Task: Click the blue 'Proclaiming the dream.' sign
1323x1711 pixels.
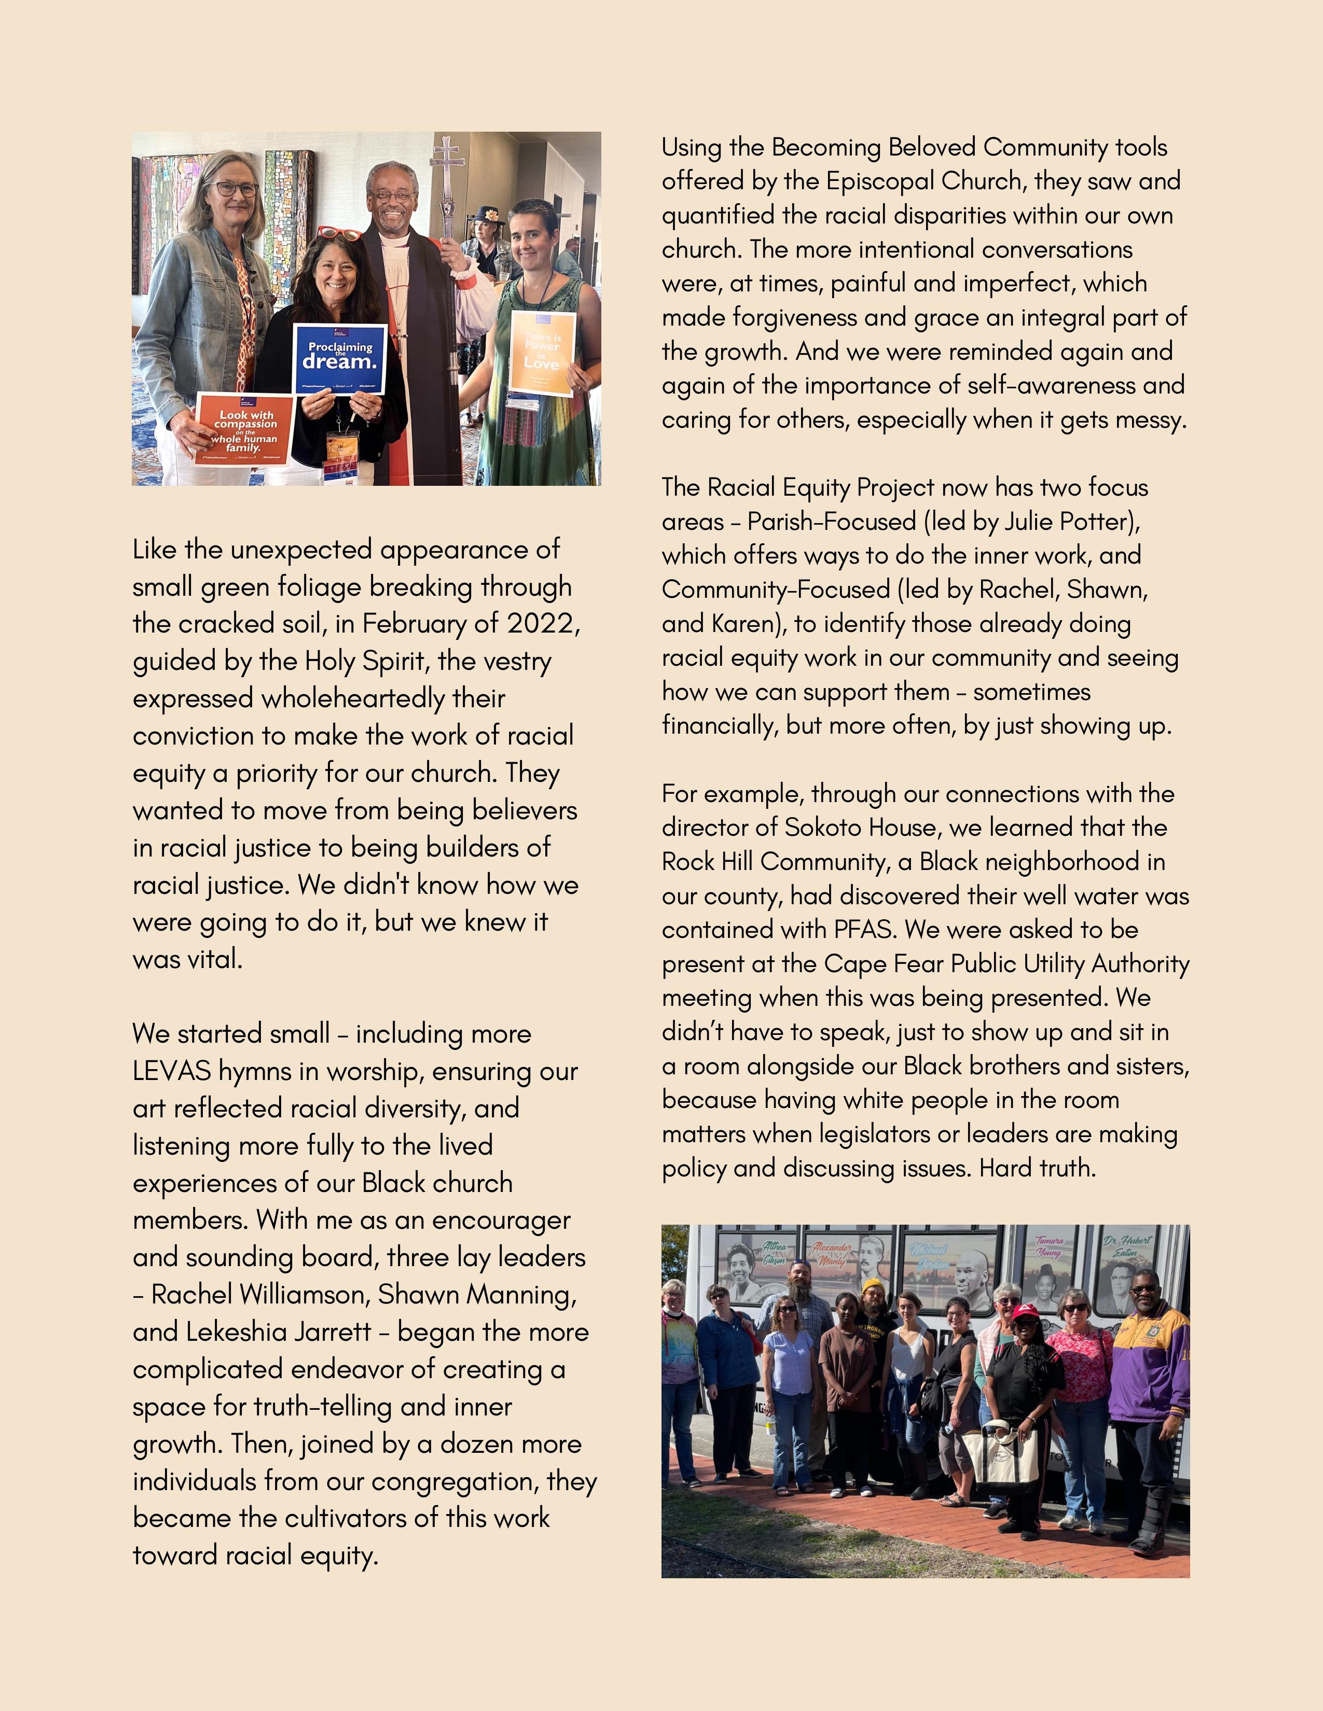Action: click(339, 358)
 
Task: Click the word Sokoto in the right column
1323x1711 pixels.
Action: click(829, 828)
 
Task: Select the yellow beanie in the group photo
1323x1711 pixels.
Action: click(872, 1286)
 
